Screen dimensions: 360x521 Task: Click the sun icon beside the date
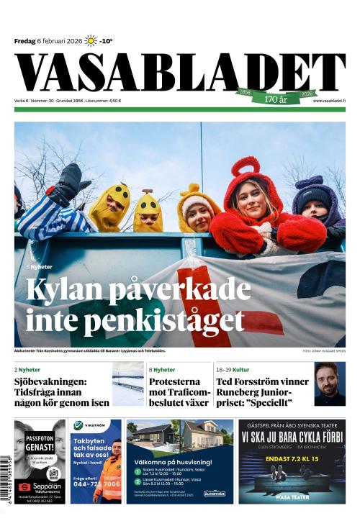tap(91, 41)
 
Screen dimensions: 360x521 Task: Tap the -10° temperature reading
tap(107, 41)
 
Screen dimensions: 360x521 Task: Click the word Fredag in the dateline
tap(25, 41)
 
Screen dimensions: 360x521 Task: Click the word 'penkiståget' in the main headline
tap(169, 318)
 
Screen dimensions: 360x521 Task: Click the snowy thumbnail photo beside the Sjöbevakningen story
tap(127, 384)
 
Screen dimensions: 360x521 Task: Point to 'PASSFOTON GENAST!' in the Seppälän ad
tap(40, 440)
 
